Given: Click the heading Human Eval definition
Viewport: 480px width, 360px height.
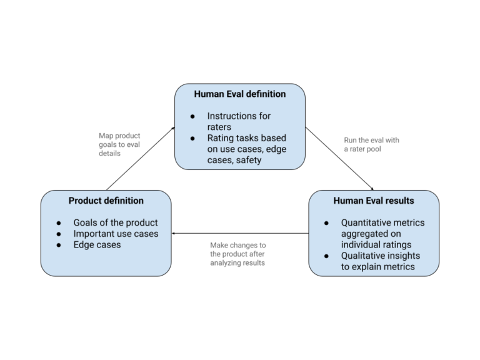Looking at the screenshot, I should [240, 94].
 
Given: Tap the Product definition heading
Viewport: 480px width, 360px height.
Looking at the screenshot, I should [106, 201].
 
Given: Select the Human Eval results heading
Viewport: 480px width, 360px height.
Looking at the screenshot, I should [374, 201].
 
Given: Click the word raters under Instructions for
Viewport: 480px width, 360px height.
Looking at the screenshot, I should [221, 126].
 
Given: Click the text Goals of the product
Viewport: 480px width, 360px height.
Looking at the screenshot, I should [116, 222].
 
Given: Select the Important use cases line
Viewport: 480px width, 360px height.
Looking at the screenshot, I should [116, 234].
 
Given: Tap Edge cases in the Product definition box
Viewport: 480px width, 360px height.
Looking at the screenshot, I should [97, 245].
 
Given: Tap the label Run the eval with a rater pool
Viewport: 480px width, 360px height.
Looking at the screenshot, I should [371, 144].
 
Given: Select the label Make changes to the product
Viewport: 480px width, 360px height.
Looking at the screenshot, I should [238, 254].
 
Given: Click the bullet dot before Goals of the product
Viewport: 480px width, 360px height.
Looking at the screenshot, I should [59, 223].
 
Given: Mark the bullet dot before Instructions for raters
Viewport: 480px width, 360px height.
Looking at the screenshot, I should [192, 116].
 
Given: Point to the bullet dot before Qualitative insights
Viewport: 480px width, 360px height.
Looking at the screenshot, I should [327, 256].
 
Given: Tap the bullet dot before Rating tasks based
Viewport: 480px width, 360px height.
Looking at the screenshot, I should [192, 137].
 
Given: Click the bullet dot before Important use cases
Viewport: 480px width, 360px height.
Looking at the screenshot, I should [59, 234].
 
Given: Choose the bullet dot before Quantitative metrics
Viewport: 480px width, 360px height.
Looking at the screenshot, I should [327, 223].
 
